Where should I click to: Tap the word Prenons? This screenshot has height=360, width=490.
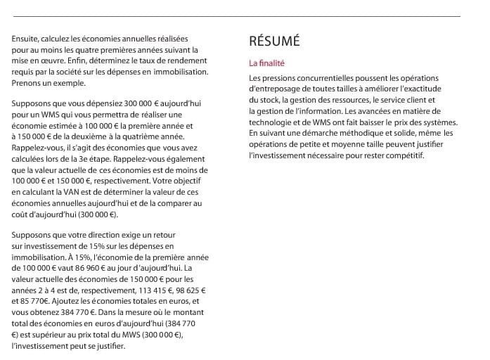point(27,83)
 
